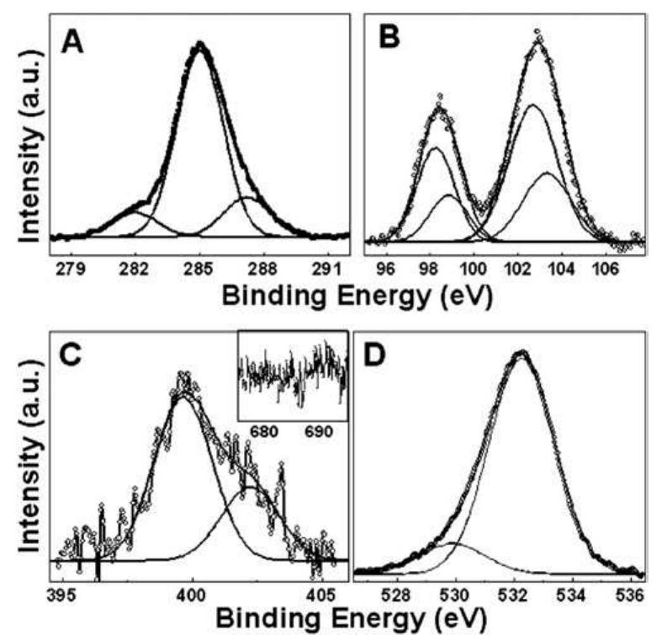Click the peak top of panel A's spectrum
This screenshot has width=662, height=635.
coord(200,45)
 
